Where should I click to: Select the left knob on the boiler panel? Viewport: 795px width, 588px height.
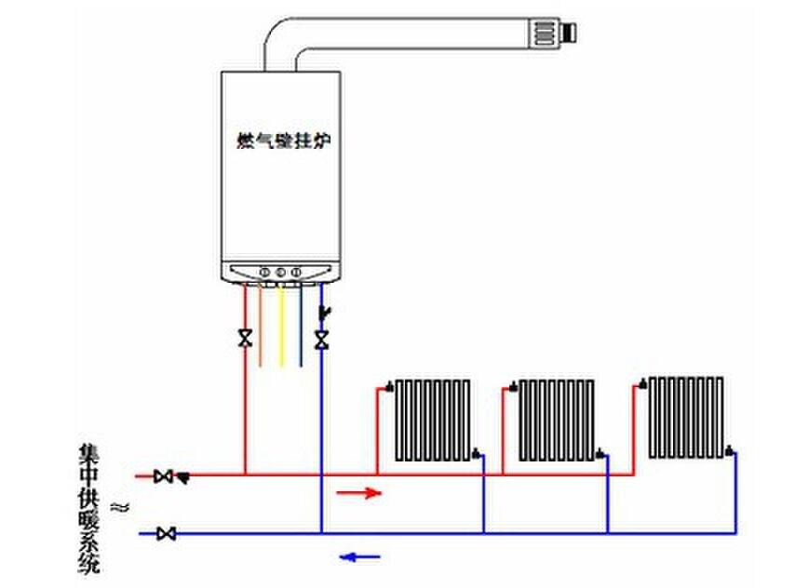[265, 273]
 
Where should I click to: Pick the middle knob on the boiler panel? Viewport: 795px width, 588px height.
[280, 273]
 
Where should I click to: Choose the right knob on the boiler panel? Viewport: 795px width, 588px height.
[296, 273]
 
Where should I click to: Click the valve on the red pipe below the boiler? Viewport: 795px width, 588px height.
[245, 338]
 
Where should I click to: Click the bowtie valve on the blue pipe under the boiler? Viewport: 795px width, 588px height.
[321, 340]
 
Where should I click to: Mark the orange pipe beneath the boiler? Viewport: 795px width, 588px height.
[261, 326]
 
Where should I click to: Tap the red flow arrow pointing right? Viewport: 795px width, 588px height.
[357, 492]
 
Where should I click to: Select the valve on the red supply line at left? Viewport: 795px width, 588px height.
[165, 475]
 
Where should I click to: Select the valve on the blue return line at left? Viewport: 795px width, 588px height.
[167, 533]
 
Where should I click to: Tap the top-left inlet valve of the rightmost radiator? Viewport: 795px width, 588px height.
[641, 381]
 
